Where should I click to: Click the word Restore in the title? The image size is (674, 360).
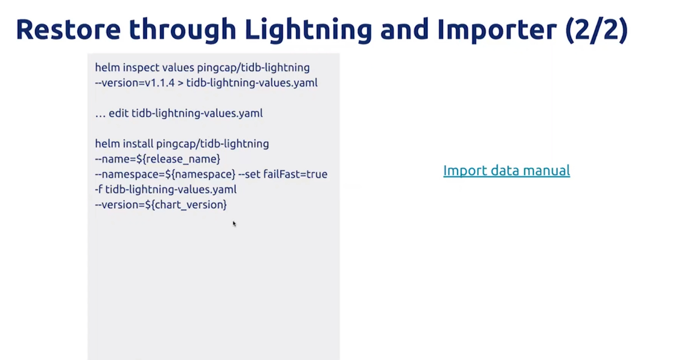[68, 30]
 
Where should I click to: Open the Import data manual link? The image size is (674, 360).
[507, 170]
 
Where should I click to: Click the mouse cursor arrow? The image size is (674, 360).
[234, 224]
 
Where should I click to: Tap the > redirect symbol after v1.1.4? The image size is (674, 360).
[180, 83]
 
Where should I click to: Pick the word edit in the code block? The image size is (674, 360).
[119, 113]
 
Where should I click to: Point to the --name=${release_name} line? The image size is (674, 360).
[157, 159]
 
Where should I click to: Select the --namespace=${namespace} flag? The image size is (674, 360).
[165, 174]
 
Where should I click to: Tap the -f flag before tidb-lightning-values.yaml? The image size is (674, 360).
[99, 189]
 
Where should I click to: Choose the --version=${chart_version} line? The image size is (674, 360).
[161, 205]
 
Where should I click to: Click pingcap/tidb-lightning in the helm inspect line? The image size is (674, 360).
[254, 68]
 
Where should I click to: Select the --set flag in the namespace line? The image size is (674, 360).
[249, 174]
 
